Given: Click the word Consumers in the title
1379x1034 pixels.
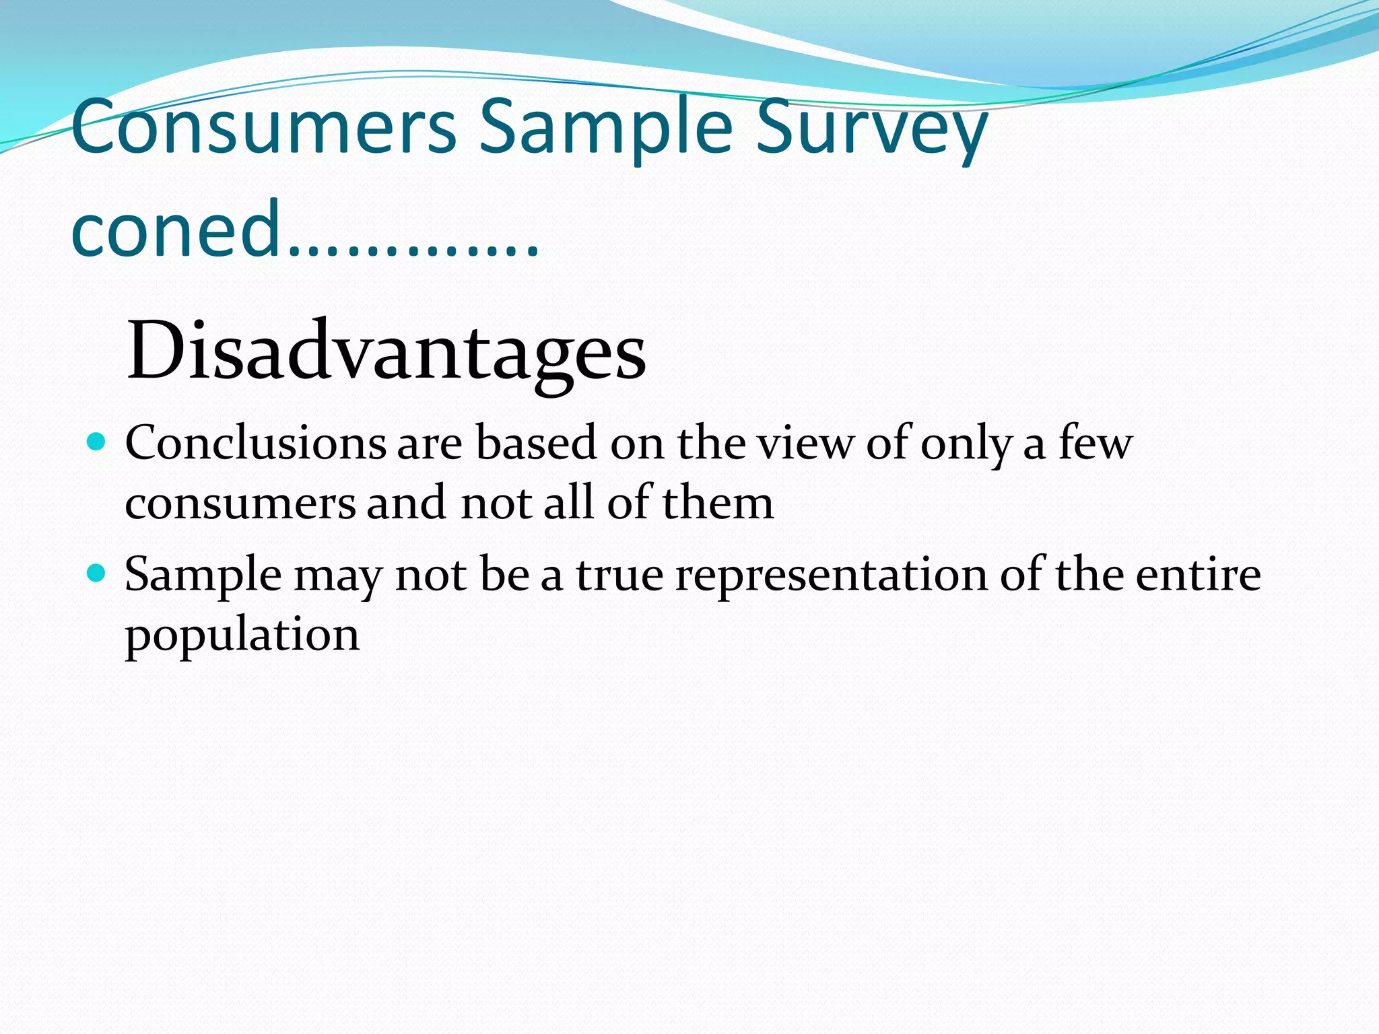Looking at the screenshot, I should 263,127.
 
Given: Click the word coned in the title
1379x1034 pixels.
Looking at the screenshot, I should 175,228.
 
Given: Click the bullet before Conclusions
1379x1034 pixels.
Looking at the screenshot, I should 98,442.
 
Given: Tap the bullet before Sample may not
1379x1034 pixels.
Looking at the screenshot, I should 98,574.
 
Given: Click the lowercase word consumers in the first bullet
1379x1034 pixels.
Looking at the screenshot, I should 240,504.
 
